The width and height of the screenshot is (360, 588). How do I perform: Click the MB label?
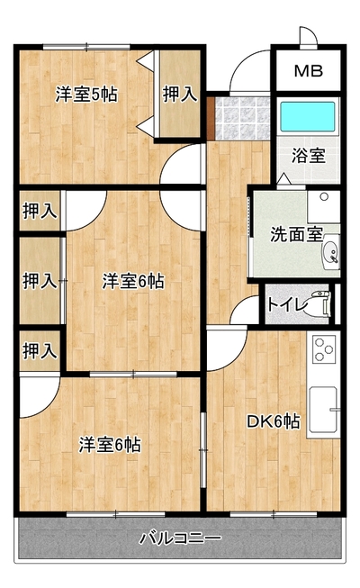click(308, 71)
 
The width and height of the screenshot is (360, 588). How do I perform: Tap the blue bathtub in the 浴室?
click(308, 117)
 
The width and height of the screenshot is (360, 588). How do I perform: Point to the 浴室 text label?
click(308, 156)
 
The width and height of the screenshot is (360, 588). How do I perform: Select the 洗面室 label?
click(296, 234)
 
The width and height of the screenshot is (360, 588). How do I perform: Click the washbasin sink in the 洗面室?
click(331, 251)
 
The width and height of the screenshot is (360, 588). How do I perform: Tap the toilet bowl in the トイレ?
click(319, 303)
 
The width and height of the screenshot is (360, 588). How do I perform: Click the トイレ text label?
click(287, 303)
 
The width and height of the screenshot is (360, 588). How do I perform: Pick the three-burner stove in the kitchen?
click(324, 349)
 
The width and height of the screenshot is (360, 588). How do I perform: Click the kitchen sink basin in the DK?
click(323, 410)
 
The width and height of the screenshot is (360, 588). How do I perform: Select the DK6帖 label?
click(274, 421)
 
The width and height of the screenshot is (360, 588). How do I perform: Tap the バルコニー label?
click(180, 538)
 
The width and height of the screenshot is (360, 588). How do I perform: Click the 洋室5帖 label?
click(86, 95)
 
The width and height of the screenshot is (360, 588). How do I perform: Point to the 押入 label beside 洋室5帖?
click(180, 95)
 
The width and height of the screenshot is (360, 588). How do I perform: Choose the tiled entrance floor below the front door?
click(242, 118)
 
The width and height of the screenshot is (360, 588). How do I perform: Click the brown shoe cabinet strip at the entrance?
click(210, 118)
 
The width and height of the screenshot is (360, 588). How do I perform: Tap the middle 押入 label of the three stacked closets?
click(40, 281)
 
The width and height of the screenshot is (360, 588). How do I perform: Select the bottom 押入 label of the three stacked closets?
click(40, 351)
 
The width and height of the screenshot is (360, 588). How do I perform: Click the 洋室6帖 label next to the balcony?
click(110, 445)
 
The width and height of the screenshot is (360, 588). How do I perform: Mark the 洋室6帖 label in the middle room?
click(133, 281)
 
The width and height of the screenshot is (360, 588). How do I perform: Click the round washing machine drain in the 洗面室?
click(324, 196)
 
